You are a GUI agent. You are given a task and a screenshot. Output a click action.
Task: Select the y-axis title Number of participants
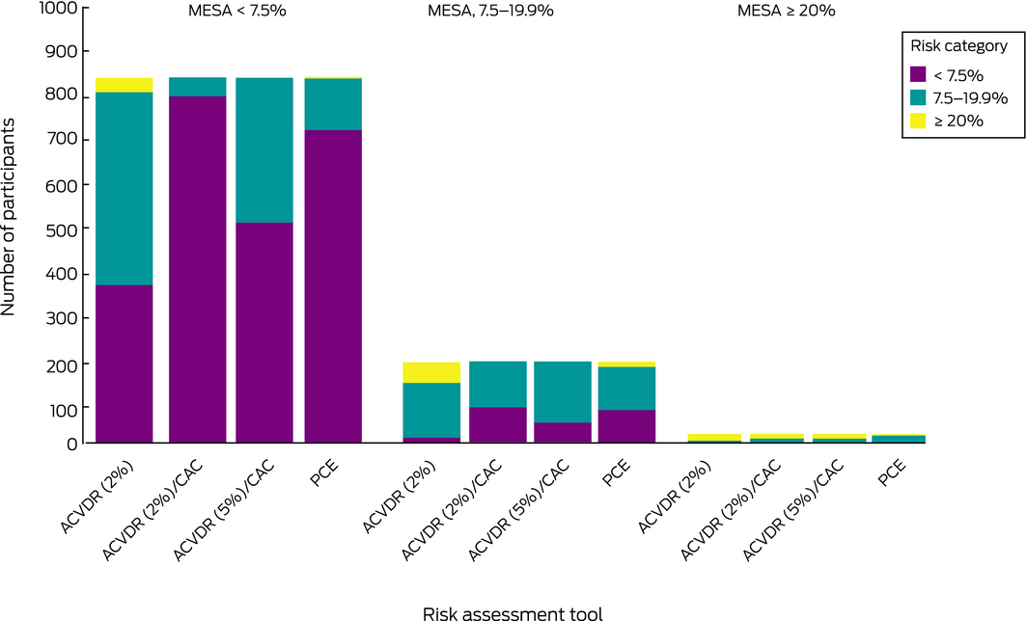[x=11, y=219]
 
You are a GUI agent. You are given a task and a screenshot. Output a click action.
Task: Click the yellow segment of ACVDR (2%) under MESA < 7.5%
[x=124, y=85]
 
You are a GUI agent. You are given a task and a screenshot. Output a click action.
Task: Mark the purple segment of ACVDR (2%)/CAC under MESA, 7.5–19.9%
[x=497, y=425]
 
